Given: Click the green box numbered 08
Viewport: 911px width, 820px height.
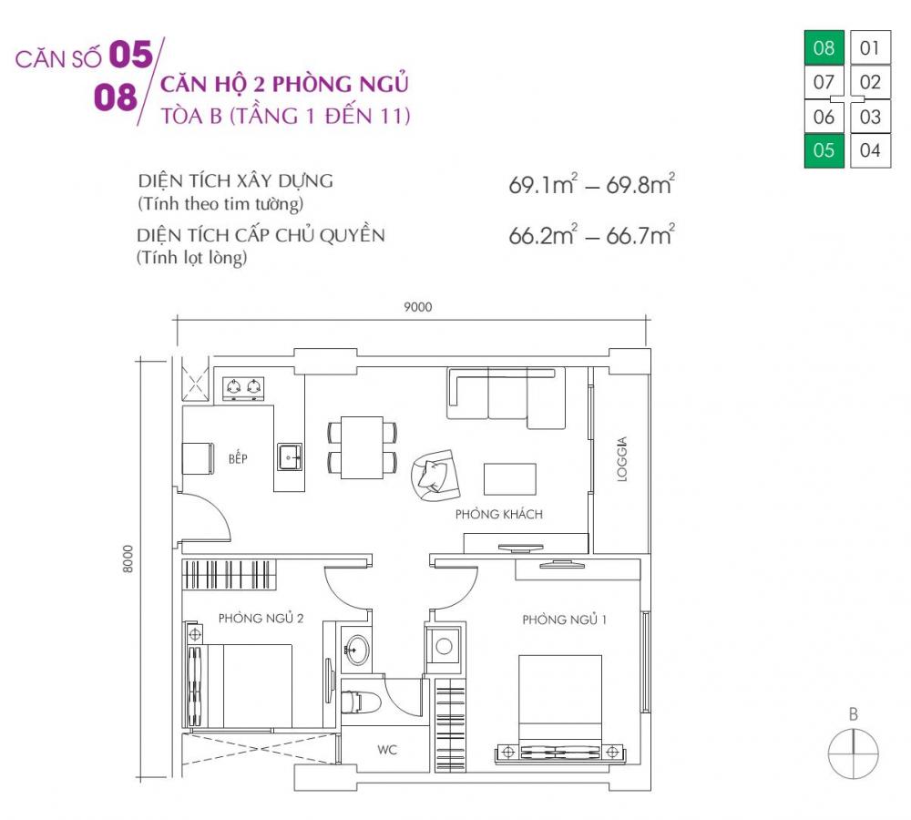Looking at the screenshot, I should (x=823, y=47).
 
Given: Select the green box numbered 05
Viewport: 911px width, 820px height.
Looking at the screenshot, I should (x=823, y=150).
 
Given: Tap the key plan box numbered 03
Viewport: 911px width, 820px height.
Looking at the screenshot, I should (x=870, y=117).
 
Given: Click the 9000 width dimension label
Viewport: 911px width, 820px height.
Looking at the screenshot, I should (x=417, y=307).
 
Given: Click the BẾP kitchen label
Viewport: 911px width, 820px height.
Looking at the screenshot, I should (x=238, y=458).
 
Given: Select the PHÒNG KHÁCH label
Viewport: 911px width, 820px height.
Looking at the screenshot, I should (x=498, y=514).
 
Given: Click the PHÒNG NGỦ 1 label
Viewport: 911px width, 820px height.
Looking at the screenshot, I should (x=564, y=620).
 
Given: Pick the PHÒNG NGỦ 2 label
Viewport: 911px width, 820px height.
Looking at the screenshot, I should (x=261, y=618).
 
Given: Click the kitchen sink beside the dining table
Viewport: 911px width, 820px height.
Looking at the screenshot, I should (x=290, y=455).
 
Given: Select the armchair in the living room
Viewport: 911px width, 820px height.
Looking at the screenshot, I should (x=433, y=475).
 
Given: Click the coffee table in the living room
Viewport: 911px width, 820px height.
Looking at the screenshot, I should (x=509, y=478).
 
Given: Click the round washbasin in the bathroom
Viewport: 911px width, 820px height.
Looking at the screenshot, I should (x=357, y=650).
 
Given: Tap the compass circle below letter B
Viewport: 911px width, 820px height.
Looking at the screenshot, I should (x=854, y=753).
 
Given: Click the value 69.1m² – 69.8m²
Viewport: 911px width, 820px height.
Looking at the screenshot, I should (x=590, y=187).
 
